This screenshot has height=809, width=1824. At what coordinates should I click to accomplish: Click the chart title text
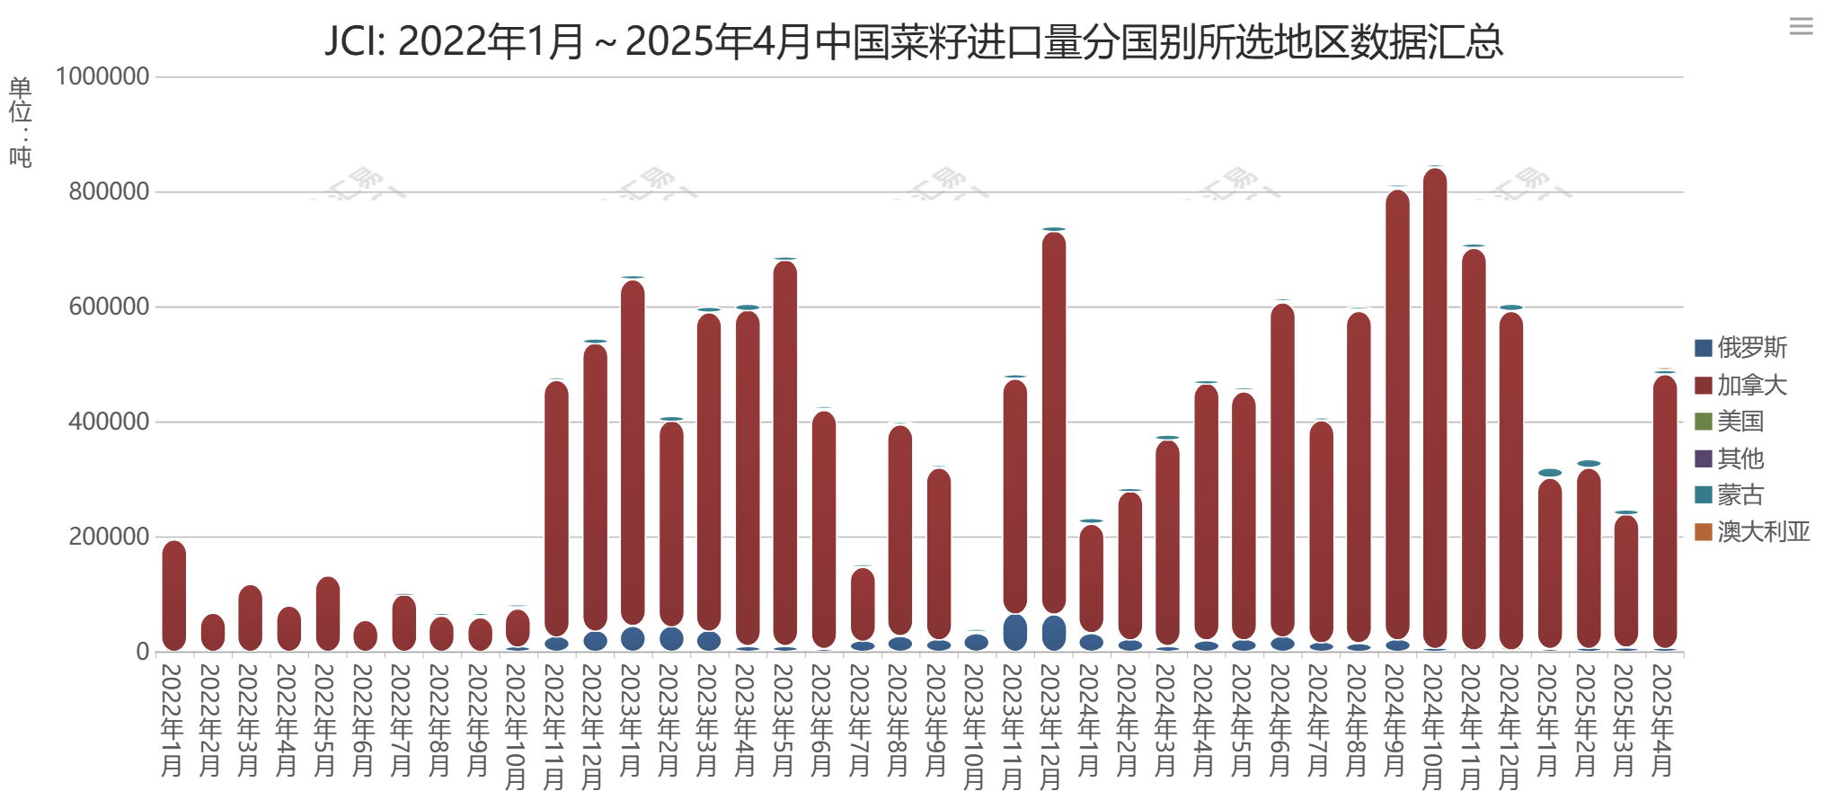coord(913,41)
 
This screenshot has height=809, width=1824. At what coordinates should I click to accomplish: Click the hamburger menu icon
coord(1801,26)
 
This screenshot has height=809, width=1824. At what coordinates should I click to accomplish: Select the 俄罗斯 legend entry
coord(1740,348)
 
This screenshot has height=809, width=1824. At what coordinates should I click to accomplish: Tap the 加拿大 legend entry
coord(1740,386)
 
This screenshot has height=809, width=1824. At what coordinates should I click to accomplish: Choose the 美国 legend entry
coord(1730,422)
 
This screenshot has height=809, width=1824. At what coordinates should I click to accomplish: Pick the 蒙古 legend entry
coord(1730,495)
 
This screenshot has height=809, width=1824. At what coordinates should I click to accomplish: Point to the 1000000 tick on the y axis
coord(102,76)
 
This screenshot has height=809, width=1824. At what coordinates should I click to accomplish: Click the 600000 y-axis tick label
coord(109,307)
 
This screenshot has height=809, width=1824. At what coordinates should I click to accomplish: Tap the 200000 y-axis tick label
coord(109,537)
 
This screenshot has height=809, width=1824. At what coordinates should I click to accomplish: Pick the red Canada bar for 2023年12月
coord(1054,422)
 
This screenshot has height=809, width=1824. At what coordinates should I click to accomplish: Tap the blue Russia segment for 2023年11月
coord(1015,632)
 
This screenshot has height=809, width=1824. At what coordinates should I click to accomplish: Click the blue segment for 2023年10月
coord(977,642)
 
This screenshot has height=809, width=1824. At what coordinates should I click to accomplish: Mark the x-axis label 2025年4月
coord(1663,719)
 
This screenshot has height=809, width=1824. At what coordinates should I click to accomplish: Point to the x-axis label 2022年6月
coord(364,719)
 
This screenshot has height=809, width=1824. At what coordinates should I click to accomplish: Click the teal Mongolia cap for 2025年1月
coord(1550,473)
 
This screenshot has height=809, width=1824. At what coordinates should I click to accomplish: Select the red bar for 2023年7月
coord(863,604)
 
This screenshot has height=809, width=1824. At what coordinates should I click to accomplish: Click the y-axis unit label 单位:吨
coord(20,122)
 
